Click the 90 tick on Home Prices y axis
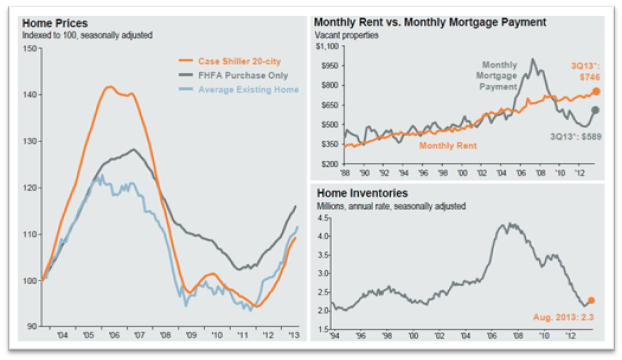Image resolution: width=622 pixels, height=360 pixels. coord(29,327)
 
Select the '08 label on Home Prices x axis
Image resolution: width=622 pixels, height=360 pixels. coord(164,338)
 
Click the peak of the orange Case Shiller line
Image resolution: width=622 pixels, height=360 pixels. coord(110,87)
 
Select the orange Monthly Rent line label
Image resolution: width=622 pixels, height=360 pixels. coord(447,145)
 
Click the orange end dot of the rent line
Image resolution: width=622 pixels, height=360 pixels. coord(596,91)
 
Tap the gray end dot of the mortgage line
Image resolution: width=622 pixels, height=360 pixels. coord(596,110)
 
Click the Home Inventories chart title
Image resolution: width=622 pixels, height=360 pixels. coord(363,193)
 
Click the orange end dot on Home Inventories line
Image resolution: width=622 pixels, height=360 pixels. coord(590,300)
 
